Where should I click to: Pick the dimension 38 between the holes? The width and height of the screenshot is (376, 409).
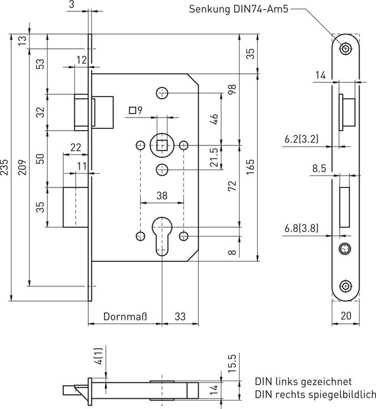point(162,195)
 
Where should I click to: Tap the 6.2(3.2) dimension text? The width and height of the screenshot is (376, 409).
point(300,137)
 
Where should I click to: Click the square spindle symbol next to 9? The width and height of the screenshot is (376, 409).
point(132,110)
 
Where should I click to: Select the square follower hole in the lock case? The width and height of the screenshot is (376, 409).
point(162,146)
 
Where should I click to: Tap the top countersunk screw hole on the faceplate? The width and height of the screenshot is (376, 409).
point(345,49)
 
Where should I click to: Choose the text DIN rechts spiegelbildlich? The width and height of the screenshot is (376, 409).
point(315,394)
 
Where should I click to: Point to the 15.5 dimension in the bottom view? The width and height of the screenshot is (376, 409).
point(232,362)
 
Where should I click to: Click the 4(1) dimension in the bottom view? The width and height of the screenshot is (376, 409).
point(98,357)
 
